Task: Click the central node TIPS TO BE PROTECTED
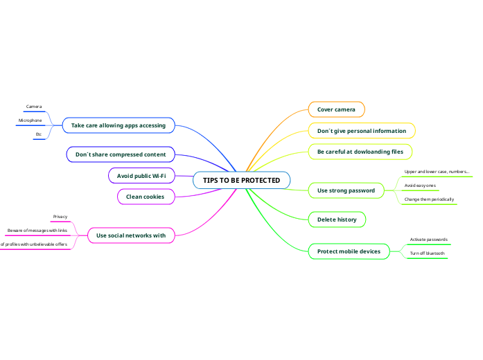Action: click(241, 181)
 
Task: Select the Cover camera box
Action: click(336, 109)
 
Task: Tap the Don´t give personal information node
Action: click(361, 130)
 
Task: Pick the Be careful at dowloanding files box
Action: click(360, 151)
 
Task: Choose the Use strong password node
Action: click(346, 190)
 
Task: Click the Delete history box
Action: click(336, 219)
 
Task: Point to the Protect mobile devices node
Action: click(349, 251)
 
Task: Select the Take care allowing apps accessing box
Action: click(118, 125)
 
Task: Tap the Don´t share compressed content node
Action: click(121, 154)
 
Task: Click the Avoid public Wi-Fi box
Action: click(141, 176)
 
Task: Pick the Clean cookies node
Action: click(144, 197)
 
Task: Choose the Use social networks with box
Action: click(131, 235)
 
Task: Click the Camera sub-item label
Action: click(34, 107)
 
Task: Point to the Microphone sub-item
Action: click(30, 120)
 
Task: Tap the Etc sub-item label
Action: click(39, 134)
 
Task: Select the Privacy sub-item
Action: click(60, 217)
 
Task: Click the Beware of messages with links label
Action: click(37, 231)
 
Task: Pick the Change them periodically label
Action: click(429, 199)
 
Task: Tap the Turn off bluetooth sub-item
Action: click(427, 253)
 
